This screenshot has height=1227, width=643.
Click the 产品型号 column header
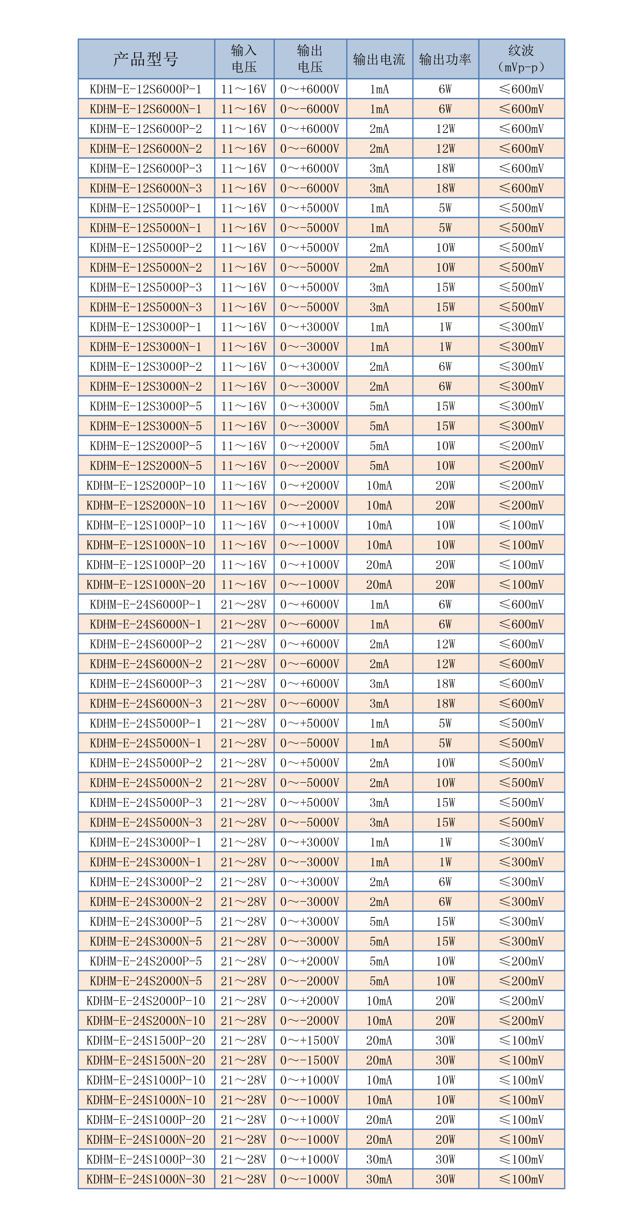[146, 59]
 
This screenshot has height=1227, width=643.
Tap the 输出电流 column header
[379, 59]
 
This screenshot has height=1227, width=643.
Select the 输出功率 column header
[445, 59]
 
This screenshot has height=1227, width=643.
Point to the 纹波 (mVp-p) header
[521, 59]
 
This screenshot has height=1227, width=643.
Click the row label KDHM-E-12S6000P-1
[146, 89]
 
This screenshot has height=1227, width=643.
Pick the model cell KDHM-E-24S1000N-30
[146, 1179]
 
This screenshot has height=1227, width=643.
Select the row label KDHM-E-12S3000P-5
[146, 406]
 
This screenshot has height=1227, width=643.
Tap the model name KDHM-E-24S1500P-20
[146, 1040]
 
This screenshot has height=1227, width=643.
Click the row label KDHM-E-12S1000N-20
[146, 585]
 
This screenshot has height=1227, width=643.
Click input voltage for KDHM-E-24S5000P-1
[244, 723]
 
